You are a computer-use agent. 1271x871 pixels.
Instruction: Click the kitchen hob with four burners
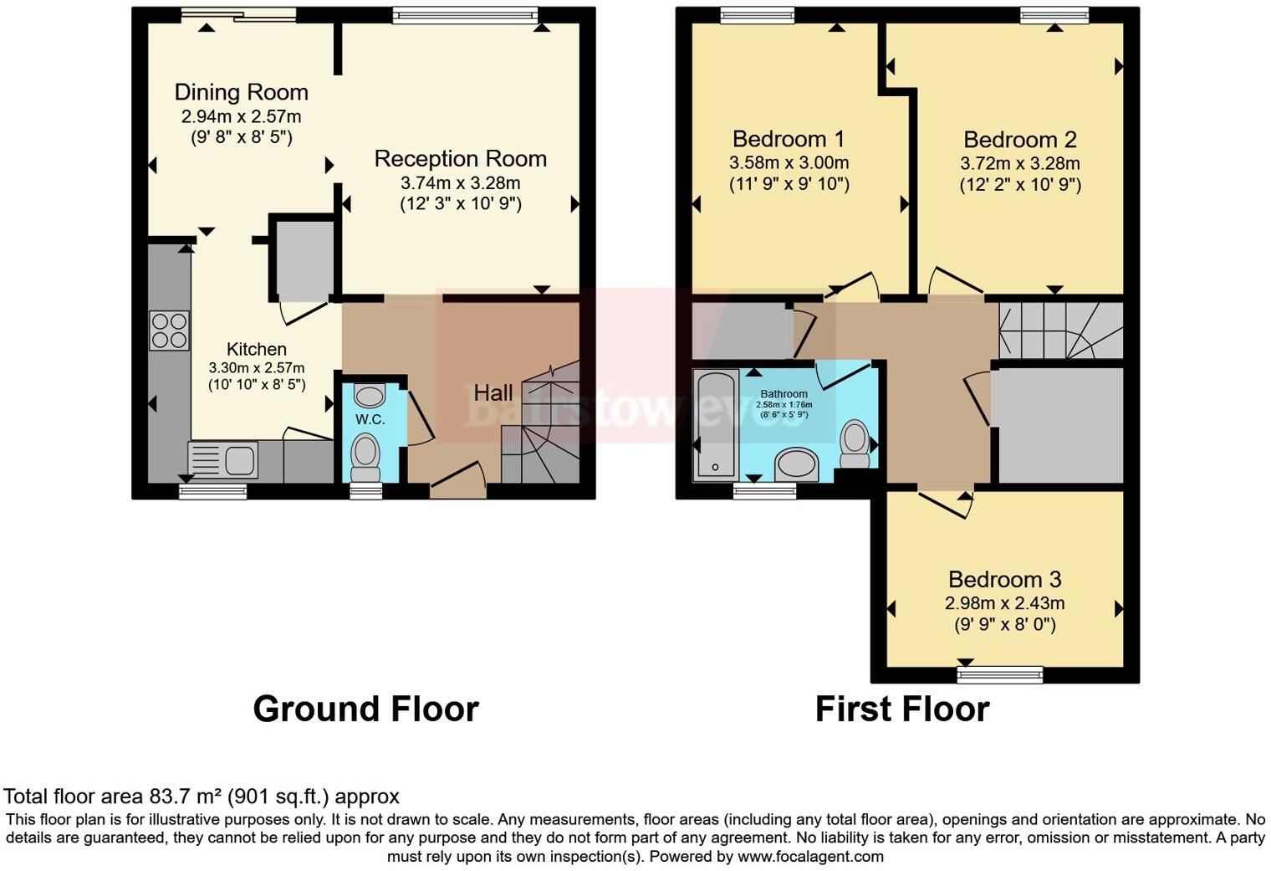(169, 330)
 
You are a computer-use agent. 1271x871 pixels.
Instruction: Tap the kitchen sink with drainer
(223, 460)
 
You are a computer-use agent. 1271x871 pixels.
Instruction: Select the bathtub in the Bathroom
(716, 425)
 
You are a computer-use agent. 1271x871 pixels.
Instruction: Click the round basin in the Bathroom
(797, 464)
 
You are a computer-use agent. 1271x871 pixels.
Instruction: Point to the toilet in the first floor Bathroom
(855, 443)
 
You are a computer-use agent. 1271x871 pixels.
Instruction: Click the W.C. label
(370, 418)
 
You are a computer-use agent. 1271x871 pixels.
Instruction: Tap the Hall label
(493, 392)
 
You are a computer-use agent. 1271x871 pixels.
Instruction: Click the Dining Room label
(241, 92)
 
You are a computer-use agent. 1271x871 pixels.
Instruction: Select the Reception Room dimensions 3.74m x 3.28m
(460, 182)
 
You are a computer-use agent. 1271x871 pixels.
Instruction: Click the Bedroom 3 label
(1004, 579)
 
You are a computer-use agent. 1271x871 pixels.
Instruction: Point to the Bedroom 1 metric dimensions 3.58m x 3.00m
(789, 162)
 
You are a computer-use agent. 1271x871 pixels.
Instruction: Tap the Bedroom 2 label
(1019, 140)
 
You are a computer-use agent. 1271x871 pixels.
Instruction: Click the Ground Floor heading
(365, 710)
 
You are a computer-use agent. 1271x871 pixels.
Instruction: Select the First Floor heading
(902, 710)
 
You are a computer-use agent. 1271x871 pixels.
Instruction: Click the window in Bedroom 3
(1000, 674)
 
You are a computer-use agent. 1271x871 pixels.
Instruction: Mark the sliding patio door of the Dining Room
(238, 14)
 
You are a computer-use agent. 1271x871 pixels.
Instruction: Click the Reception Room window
(465, 14)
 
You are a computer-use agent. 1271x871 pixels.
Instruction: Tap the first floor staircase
(1060, 330)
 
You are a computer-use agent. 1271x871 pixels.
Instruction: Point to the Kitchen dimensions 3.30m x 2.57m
(256, 368)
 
